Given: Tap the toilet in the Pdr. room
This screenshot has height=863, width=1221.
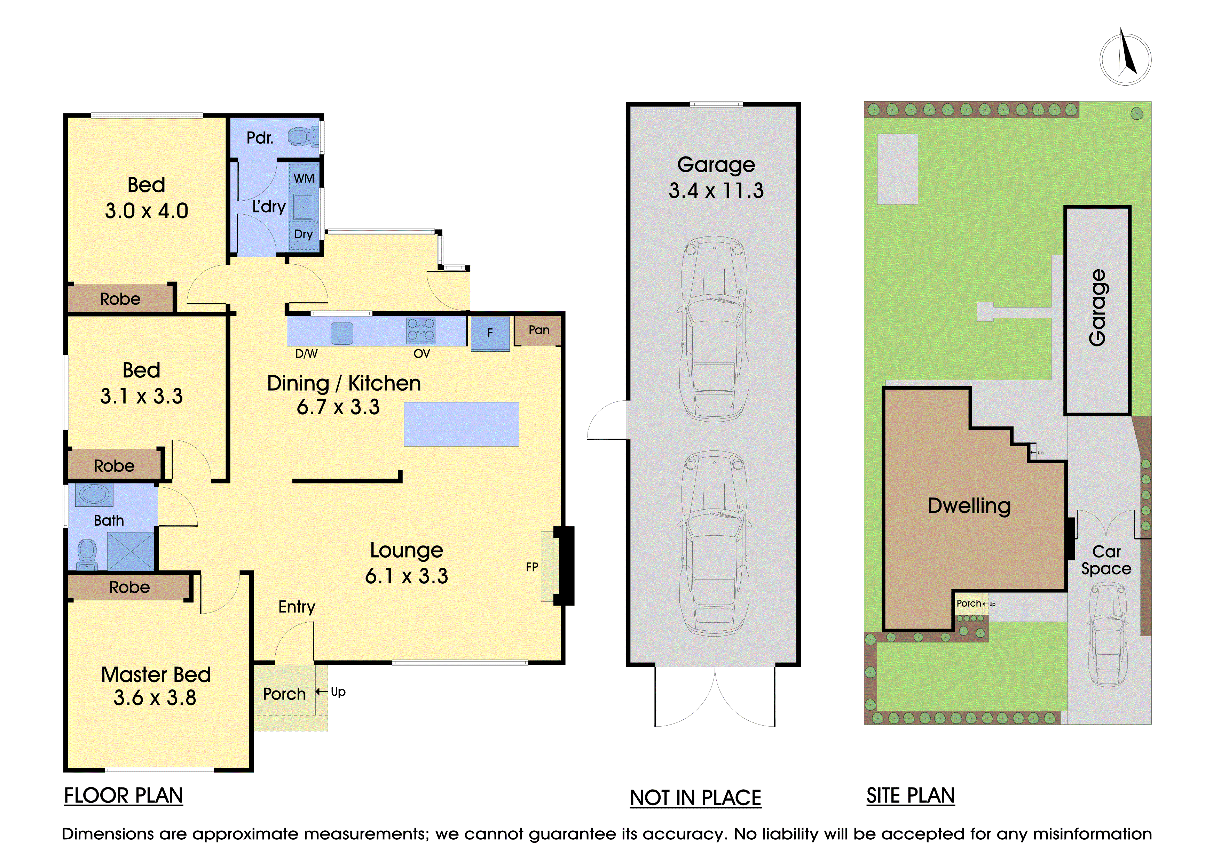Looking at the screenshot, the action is [x=300, y=137].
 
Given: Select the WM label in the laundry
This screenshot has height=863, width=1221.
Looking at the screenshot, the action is [x=304, y=178].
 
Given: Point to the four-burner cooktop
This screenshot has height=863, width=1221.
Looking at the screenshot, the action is [x=421, y=330].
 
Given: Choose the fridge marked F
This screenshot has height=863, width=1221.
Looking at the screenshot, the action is [x=490, y=333].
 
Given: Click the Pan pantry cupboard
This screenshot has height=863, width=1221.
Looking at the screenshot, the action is [x=538, y=330].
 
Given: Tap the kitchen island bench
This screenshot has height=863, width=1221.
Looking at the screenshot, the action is [x=461, y=424].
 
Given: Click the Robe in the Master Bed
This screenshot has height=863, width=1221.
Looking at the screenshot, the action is [x=129, y=587].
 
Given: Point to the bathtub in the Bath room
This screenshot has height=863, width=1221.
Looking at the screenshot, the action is [x=94, y=495].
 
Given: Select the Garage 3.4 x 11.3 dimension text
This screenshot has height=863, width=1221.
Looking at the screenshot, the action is [x=716, y=177].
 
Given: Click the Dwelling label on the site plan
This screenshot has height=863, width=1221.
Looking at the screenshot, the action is [x=969, y=505].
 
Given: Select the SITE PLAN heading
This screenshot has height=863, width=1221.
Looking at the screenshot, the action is [x=911, y=796].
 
